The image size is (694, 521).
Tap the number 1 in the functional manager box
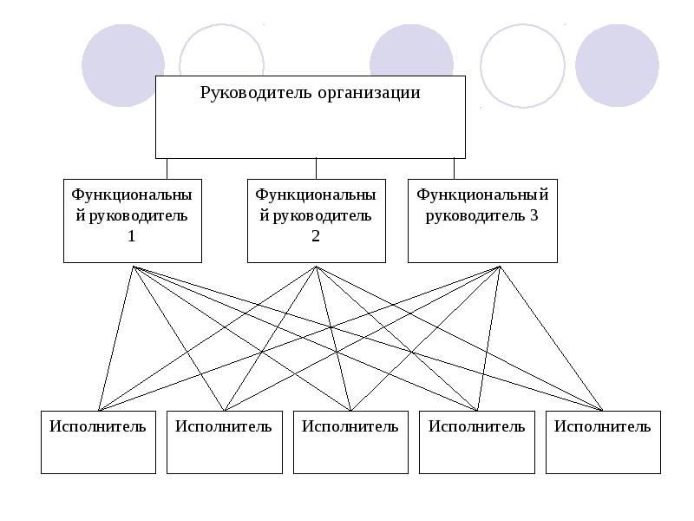click(x=132, y=235)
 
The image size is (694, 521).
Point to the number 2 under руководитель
click(x=316, y=235)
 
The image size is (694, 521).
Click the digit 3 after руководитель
click(x=534, y=215)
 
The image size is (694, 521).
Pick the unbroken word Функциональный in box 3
click(x=482, y=195)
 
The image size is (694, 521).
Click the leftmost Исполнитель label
click(x=97, y=425)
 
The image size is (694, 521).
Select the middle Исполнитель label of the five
click(x=350, y=425)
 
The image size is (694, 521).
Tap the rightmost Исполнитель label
click(x=602, y=425)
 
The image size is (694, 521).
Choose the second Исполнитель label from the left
click(x=223, y=425)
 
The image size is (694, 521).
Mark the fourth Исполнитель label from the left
click(x=476, y=425)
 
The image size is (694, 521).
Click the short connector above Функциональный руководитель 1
click(x=167, y=168)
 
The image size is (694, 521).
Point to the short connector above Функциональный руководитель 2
click(x=316, y=168)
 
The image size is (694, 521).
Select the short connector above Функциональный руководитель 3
click(x=454, y=168)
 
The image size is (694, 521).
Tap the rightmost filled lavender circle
click(x=616, y=65)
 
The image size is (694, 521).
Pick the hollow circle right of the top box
click(x=522, y=65)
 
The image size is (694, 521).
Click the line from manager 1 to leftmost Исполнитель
click(x=115, y=339)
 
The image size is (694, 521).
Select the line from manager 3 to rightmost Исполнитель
click(x=551, y=339)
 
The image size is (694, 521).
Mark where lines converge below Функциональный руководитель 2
click(x=317, y=267)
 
